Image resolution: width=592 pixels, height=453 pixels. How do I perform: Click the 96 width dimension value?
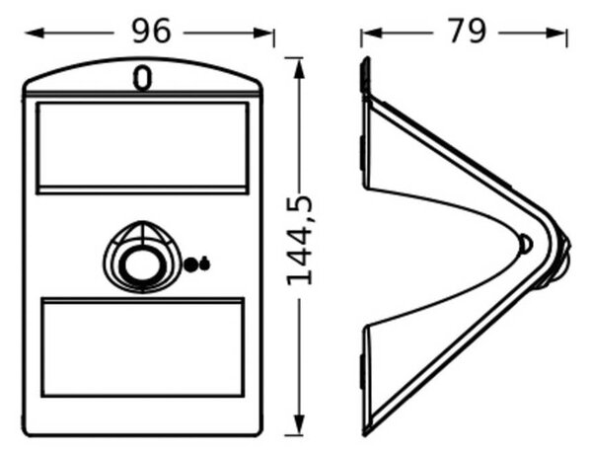pos(151,31)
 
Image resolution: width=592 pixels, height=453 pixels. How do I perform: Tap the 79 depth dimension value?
pos(467,31)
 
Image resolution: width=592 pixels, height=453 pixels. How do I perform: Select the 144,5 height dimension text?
pos(300,241)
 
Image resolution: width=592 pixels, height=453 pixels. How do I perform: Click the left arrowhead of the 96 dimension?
pos(35,34)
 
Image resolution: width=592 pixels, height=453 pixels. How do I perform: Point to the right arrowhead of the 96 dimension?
pos(263,34)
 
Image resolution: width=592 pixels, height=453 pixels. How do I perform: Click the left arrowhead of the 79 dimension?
pos(372,34)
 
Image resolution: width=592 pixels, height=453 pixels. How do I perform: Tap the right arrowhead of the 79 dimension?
pos(555,34)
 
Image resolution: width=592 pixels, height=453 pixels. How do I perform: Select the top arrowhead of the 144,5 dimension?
pos(299,68)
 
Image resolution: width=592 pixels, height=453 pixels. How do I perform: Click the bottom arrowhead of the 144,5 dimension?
pos(299,424)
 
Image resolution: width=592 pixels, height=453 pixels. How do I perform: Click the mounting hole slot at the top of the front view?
pos(142,78)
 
